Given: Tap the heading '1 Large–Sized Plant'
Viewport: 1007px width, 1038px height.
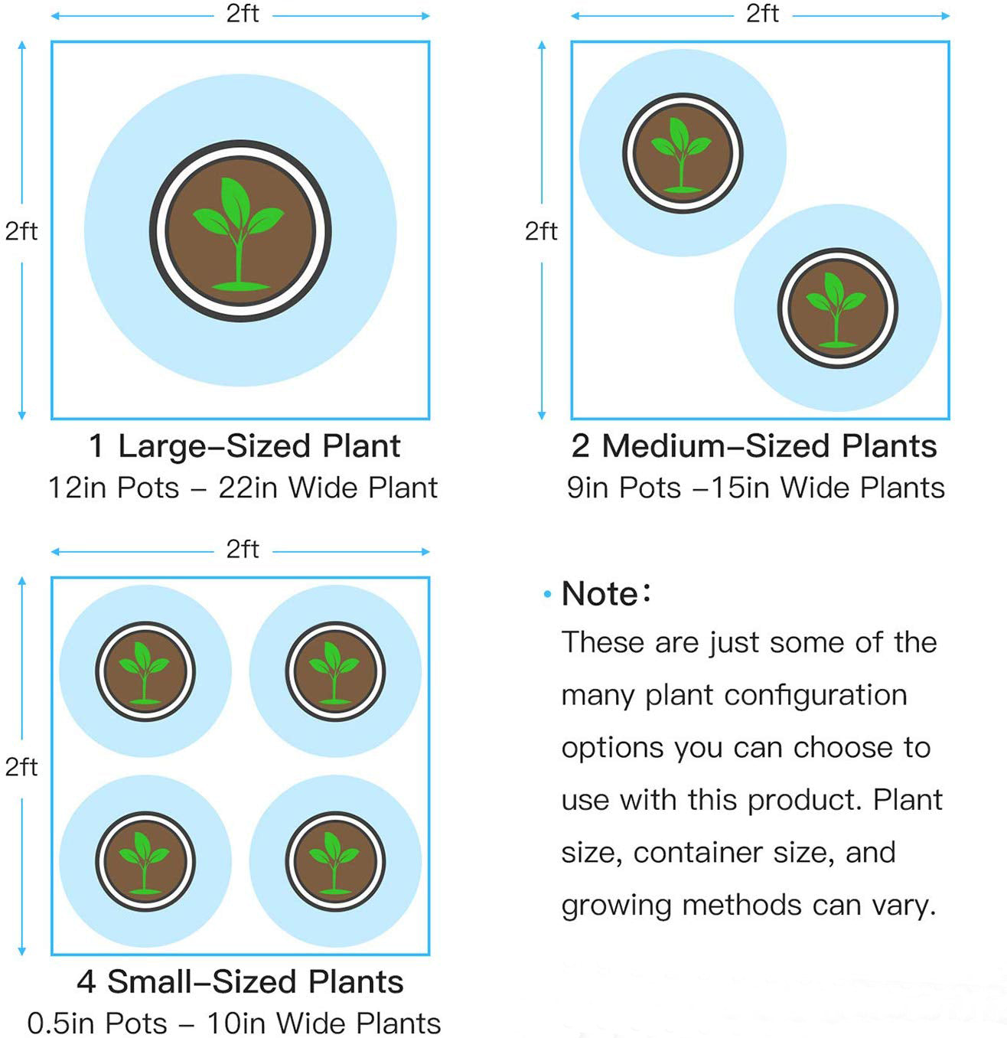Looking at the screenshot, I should tap(244, 446).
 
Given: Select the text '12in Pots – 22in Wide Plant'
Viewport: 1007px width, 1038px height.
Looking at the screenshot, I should tap(243, 488).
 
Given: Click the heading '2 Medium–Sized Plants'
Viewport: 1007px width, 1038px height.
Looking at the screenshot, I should tap(754, 446).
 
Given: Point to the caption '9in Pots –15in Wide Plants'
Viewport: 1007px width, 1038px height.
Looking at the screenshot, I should tap(755, 488).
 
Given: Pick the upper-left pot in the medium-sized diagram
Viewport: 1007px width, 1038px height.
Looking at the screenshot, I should tap(682, 153).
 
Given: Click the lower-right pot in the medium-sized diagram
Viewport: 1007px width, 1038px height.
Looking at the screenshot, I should tap(837, 308).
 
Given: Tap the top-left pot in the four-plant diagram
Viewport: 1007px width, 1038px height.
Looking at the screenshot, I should tap(145, 671).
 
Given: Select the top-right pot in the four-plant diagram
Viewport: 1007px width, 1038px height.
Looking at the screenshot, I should tap(335, 671).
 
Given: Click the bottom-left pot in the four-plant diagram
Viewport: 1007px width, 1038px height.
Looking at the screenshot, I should tap(145, 861).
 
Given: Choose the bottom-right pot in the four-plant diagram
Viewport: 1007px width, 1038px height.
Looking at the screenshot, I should tap(335, 861).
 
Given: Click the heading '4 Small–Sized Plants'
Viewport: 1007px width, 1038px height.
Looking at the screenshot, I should tap(240, 982).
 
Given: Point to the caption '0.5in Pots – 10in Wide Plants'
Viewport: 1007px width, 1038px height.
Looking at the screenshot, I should tap(234, 1023).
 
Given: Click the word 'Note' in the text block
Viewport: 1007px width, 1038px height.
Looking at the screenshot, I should tap(600, 594).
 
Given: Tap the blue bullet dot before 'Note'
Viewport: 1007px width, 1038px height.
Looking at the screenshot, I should tap(546, 595).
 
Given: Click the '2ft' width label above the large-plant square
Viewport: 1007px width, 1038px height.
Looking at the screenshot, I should tap(243, 14).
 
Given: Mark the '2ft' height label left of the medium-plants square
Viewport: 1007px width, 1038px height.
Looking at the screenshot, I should tap(541, 230).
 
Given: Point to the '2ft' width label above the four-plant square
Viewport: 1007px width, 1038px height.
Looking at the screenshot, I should tap(243, 549).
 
